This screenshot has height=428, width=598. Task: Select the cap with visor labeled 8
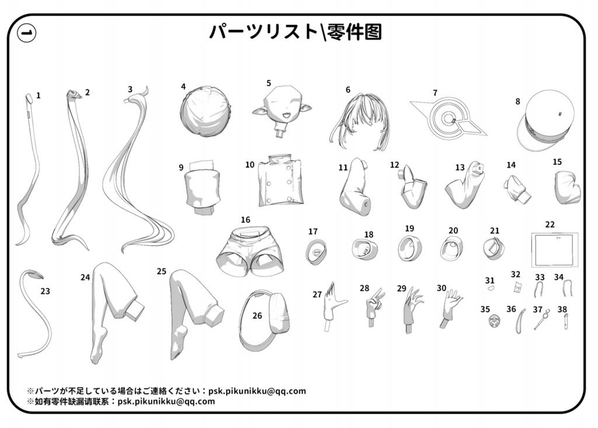tap(545, 120)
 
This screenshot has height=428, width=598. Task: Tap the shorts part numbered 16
tap(249, 250)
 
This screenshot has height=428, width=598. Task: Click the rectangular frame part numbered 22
tap(554, 250)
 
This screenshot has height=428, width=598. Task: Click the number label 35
tap(485, 309)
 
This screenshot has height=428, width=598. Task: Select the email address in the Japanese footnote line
tap(257, 391)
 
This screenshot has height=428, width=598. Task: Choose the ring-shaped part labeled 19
tap(408, 248)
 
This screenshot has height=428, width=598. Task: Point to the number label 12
tap(395, 165)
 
